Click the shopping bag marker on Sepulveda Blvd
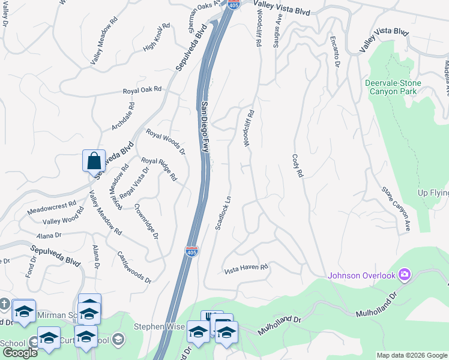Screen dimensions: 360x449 point(94,161)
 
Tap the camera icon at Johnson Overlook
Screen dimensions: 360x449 point(405,275)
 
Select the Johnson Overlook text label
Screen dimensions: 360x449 point(362,276)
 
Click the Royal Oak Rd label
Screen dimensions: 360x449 point(142,91)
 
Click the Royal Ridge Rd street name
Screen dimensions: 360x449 point(159,169)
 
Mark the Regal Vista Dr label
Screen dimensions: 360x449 point(133,186)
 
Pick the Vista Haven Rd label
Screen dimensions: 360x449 point(246,269)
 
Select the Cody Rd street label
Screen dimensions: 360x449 point(298,164)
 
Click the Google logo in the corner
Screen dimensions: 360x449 point(20,353)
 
